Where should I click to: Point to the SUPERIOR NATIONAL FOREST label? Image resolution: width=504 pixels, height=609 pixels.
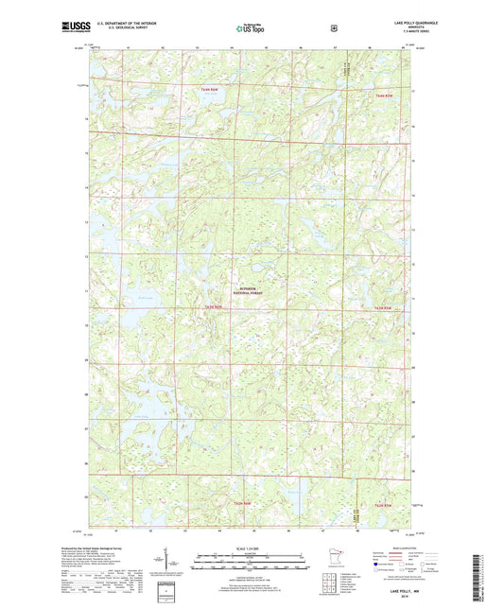pyautogui.click(x=248, y=292)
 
